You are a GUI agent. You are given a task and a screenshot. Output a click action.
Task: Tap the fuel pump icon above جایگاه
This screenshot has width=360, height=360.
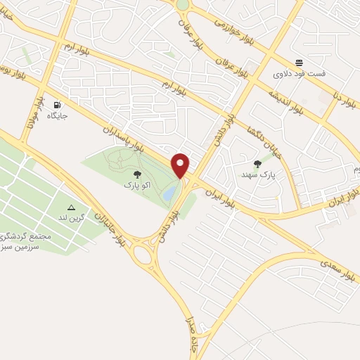tap(56, 105)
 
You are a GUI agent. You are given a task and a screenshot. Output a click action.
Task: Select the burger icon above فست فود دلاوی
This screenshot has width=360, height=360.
tap(299, 63)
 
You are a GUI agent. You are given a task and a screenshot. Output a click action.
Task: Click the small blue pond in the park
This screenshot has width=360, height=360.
tap(170, 192)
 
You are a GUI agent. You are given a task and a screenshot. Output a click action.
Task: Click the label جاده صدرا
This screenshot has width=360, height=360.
tap(188, 334)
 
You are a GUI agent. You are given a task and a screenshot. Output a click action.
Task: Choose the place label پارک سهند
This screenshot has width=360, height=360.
tap(265, 173)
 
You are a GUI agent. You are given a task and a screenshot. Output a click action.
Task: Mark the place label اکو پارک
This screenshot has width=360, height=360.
tap(138, 185)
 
